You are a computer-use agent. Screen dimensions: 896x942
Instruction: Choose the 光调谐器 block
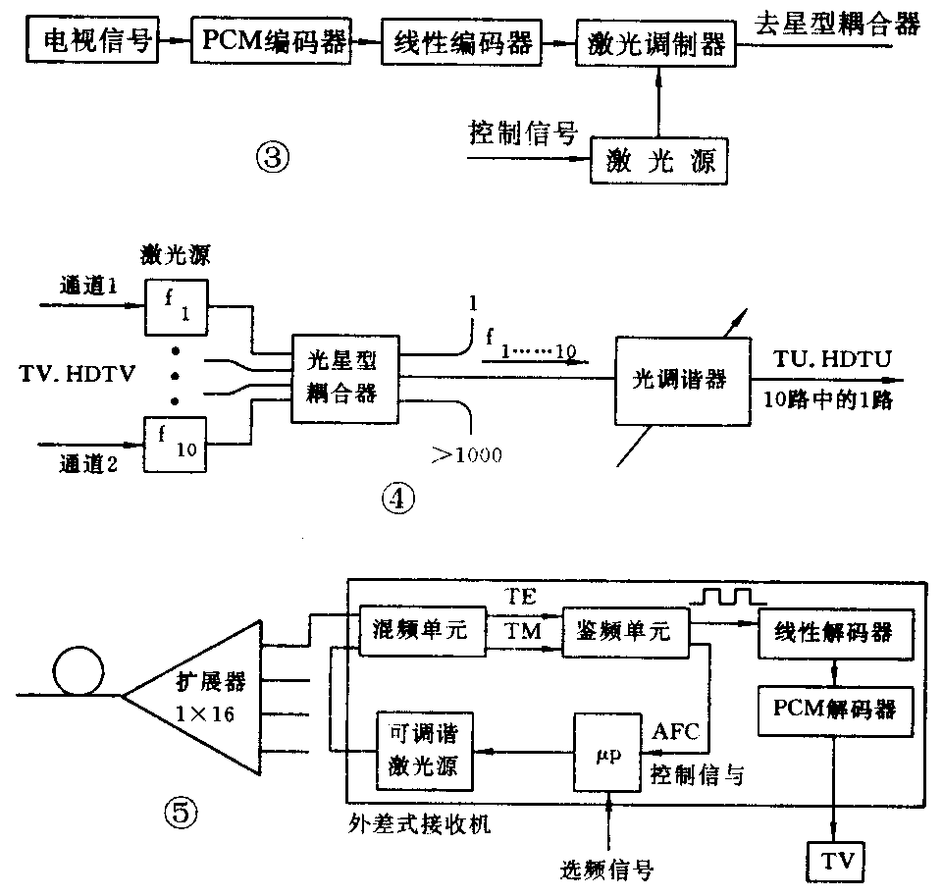[x=679, y=377]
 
